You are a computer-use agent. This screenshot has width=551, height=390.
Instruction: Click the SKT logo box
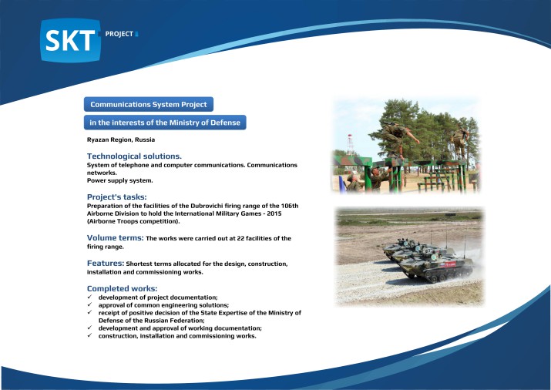coord(71,40)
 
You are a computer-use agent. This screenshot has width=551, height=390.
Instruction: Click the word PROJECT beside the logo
coord(119,34)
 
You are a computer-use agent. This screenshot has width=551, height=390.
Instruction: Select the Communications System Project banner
coord(149,104)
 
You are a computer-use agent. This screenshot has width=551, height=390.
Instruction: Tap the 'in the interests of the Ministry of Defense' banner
coord(165,123)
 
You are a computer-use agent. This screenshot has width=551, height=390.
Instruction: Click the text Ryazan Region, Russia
coord(121,140)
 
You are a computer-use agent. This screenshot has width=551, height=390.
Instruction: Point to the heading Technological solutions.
coord(134,156)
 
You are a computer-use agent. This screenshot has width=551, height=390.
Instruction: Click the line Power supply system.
coord(119,180)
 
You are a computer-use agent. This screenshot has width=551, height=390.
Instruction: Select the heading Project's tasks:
coord(116,197)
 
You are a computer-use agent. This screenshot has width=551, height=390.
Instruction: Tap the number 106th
coord(290,206)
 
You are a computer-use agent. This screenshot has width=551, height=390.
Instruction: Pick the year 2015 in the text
coord(274,213)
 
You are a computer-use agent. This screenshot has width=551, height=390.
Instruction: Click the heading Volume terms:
coord(116,238)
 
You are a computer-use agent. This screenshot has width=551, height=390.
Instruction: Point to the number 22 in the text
coord(240,238)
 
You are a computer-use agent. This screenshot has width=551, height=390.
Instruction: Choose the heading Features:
coord(106,263)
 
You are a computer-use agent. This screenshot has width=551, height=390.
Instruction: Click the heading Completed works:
coord(122,288)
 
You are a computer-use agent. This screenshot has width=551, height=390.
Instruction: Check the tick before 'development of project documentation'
coord(90,297)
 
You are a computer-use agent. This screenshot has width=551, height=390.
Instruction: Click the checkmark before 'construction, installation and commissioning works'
coord(90,335)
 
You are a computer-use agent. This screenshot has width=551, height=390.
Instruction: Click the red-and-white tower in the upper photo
coord(350,145)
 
